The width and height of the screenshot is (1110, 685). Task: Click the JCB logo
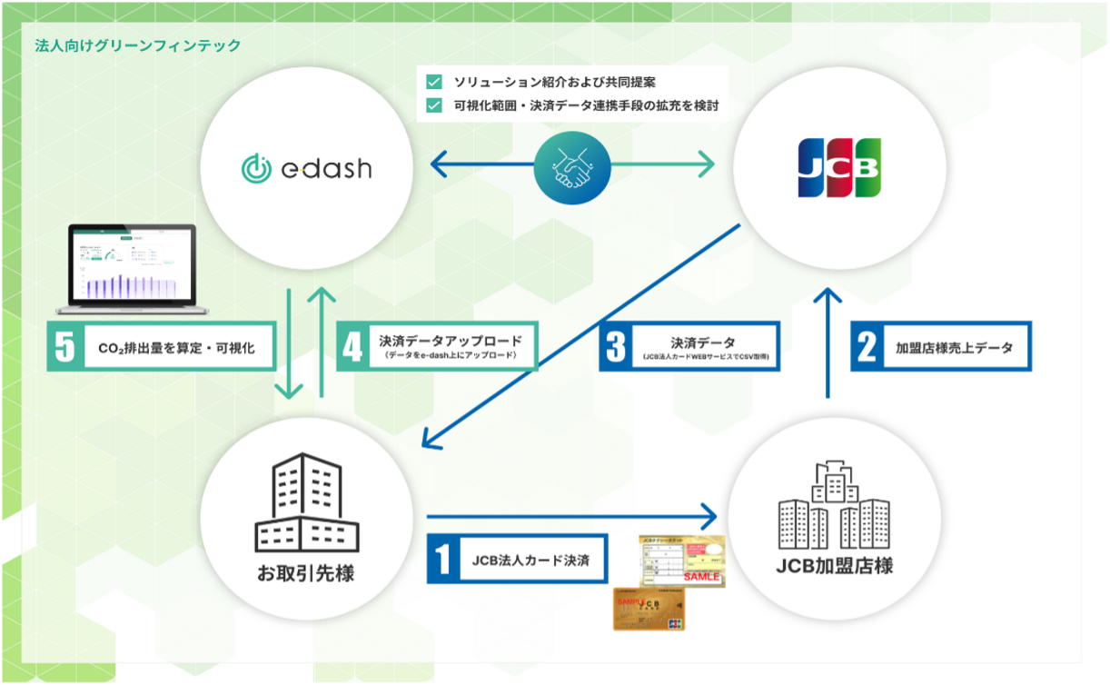[x=838, y=167]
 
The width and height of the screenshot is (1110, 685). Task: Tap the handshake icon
[x=571, y=165]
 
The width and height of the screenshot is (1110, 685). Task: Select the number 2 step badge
[x=867, y=346]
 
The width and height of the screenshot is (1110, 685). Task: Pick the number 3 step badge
[x=615, y=346]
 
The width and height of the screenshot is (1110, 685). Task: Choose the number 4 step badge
[x=352, y=346]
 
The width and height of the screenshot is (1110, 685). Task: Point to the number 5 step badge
[x=64, y=346]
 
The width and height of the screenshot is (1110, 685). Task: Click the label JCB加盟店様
[x=835, y=566]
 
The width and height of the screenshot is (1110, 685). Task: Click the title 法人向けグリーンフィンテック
[x=137, y=45]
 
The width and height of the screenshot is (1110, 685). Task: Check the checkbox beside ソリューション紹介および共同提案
[x=433, y=81]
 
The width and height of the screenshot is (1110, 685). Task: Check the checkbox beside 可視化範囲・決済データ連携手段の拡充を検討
[x=433, y=104]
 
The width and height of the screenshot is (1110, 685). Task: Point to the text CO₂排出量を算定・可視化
[x=177, y=346]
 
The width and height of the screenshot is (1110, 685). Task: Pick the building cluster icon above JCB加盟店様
[x=834, y=505]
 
